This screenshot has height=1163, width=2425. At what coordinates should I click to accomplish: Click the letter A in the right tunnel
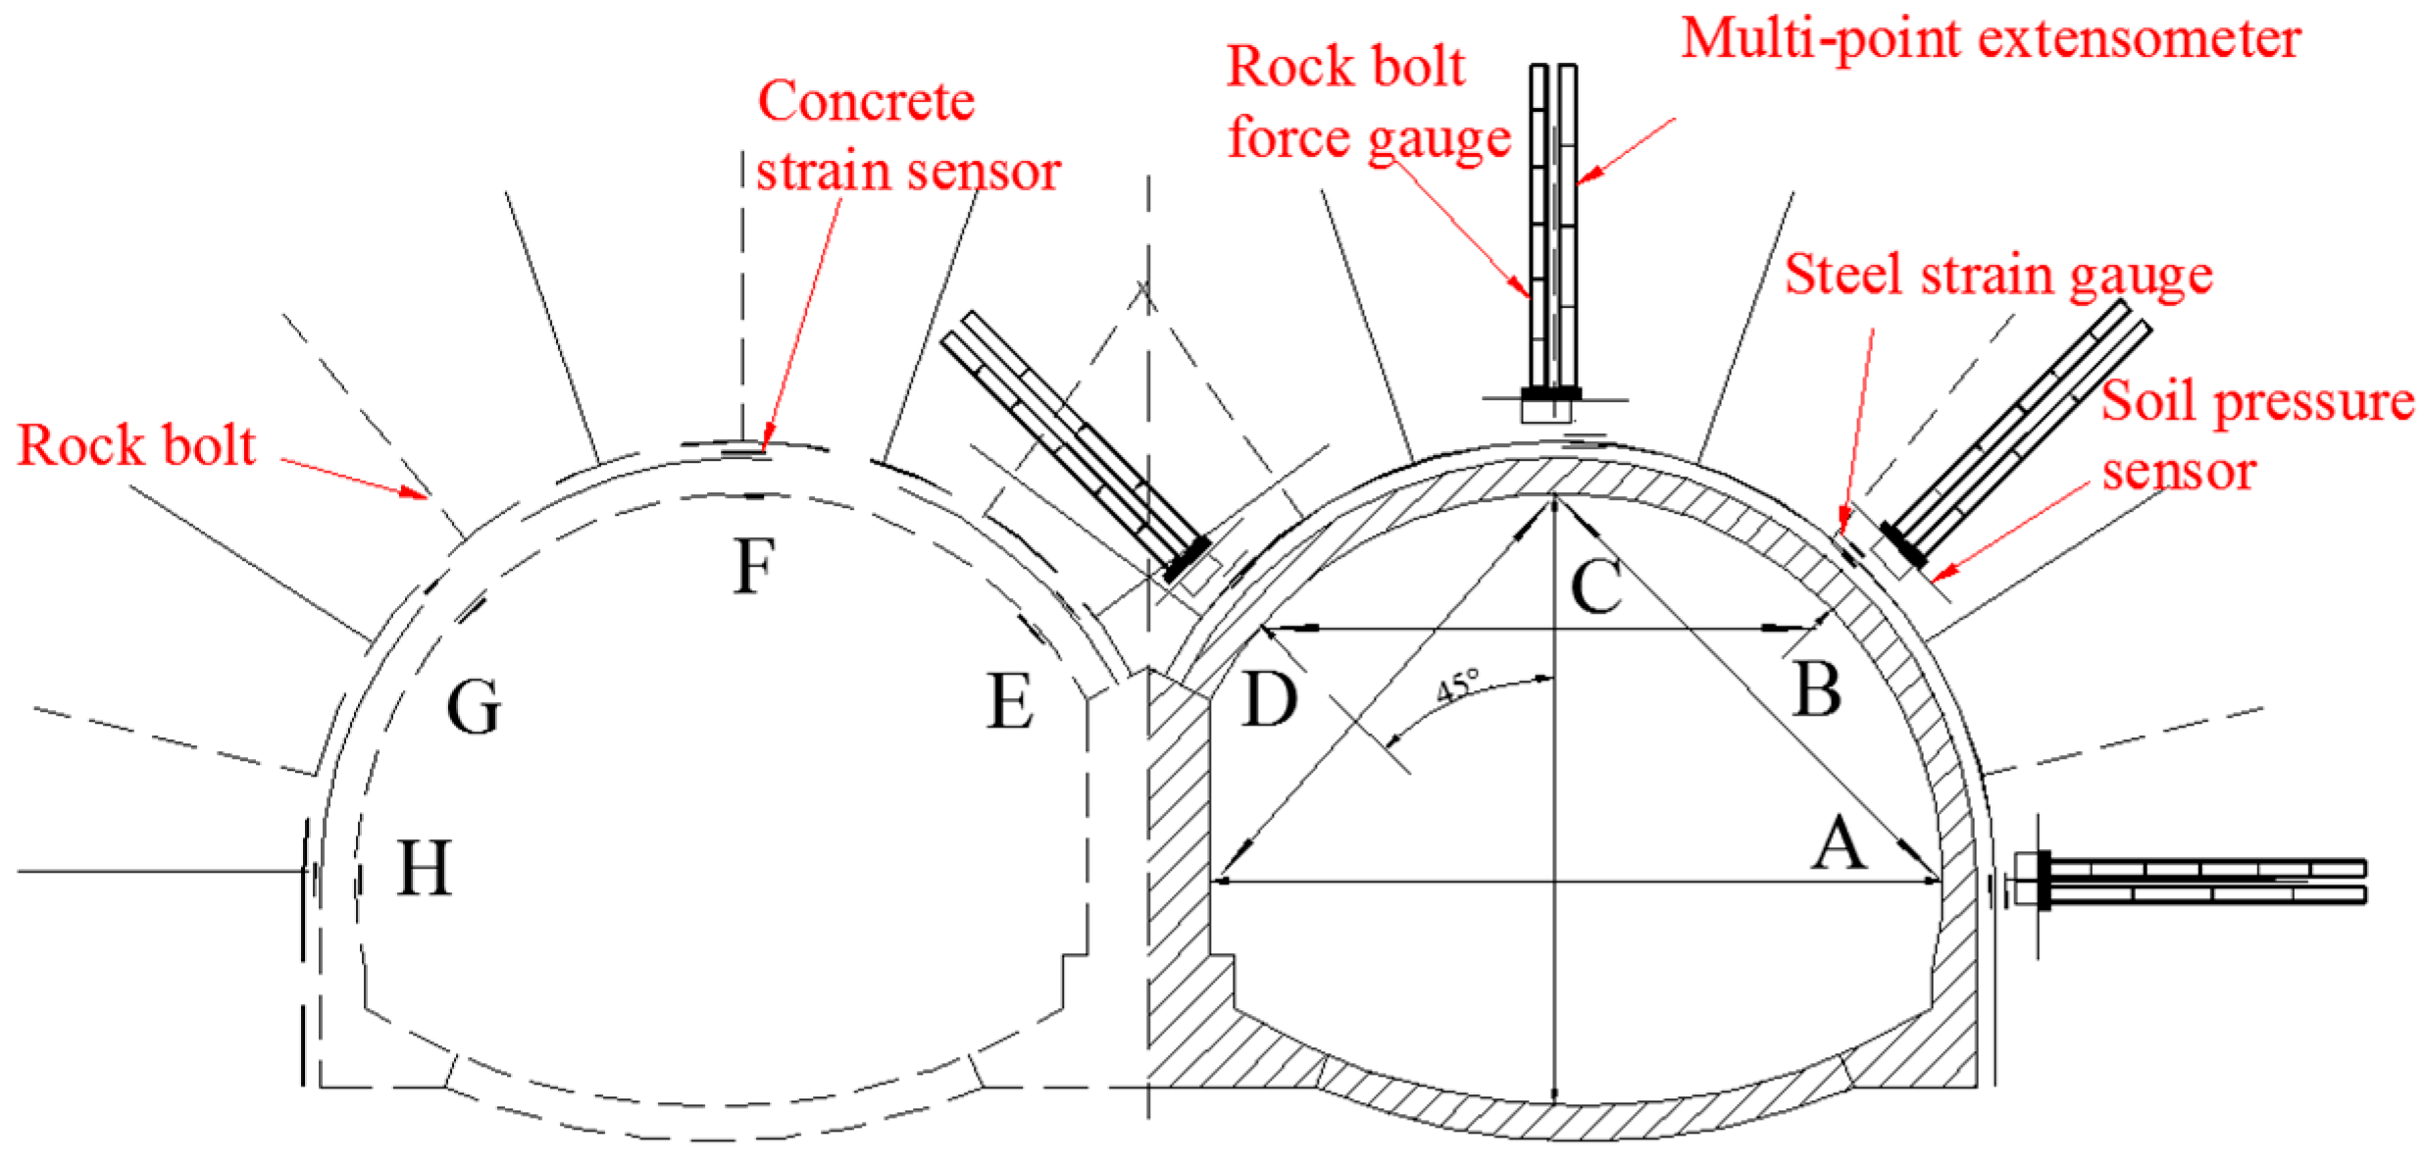[1837, 844]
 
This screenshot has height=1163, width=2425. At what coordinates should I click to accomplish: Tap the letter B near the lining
[1816, 689]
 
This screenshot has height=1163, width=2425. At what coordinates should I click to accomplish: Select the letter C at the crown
[1595, 585]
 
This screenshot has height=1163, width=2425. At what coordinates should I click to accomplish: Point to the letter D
[1269, 700]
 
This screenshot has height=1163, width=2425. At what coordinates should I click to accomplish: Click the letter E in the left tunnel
[1009, 702]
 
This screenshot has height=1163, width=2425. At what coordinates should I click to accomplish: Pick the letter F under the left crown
[754, 567]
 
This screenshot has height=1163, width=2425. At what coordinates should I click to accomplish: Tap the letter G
[474, 707]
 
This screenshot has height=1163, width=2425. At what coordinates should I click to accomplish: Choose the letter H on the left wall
[424, 869]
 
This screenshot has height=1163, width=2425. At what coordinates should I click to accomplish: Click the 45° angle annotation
[1458, 684]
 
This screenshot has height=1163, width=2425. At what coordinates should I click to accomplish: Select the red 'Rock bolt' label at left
[136, 446]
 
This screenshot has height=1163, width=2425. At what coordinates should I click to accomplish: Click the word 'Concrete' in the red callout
[866, 101]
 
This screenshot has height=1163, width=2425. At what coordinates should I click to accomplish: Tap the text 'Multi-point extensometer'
[1991, 39]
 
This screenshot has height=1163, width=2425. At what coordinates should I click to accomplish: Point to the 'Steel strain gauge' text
[1997, 275]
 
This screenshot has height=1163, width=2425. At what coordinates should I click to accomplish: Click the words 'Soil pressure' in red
[2255, 402]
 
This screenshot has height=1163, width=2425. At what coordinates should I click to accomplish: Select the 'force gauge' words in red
[1369, 137]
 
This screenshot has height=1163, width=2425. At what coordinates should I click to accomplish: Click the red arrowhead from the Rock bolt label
[416, 492]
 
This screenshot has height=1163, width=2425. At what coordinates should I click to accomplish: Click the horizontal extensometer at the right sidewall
[2197, 881]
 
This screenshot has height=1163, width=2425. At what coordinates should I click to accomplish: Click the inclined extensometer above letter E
[1074, 446]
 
